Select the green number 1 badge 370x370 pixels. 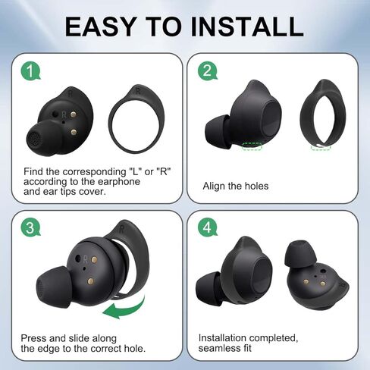(30, 72)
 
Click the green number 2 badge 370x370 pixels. (207, 72)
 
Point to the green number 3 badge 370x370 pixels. (30, 228)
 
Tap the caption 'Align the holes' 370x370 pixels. (235, 186)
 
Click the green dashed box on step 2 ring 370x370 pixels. (321, 148)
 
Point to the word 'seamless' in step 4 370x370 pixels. (221, 349)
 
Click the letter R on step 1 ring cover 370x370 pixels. (141, 89)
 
